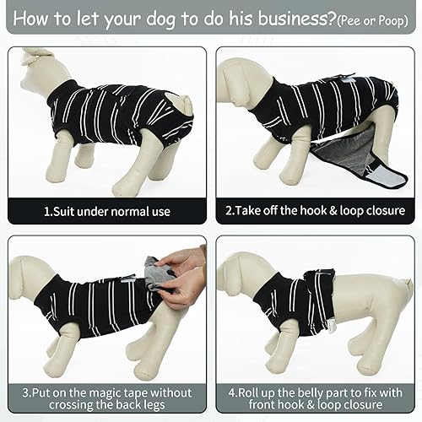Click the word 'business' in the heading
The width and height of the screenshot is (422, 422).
273,19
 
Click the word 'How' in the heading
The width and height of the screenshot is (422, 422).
28,19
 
